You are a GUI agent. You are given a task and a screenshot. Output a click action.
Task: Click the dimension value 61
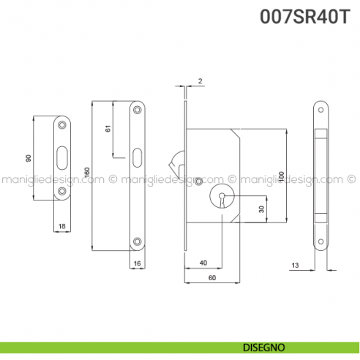click(x=108, y=130)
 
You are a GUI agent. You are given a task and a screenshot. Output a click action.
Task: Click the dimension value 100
click(x=280, y=176)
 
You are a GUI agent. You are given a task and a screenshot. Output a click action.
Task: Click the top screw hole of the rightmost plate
click(x=320, y=109)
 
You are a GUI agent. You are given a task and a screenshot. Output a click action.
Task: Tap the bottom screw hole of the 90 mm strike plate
click(x=62, y=192)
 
